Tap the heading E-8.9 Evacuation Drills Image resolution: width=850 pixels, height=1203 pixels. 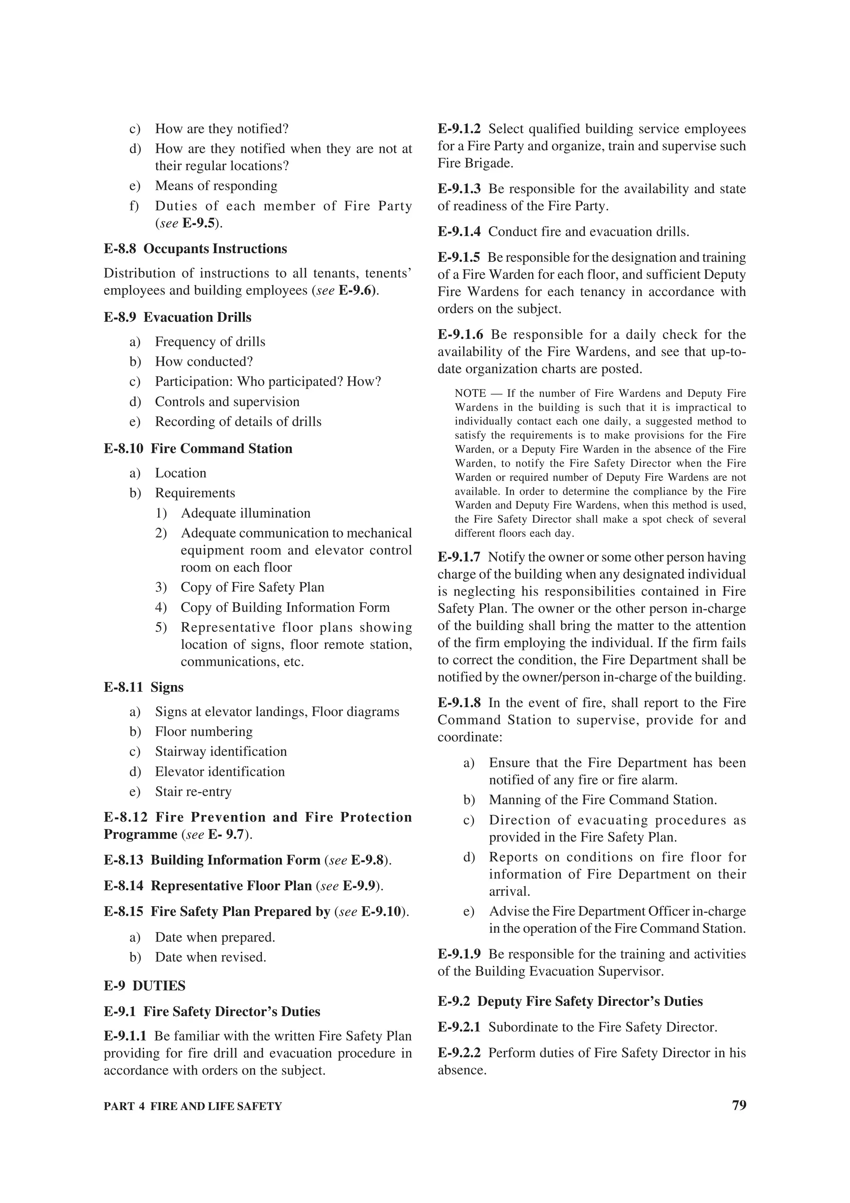(x=178, y=317)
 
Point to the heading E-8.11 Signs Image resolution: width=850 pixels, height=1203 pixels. (x=144, y=687)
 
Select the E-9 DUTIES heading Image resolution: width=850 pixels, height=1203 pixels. (x=144, y=985)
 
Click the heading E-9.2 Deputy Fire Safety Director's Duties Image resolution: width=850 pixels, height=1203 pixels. (x=570, y=1001)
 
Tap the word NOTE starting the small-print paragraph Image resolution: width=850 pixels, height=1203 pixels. (x=470, y=394)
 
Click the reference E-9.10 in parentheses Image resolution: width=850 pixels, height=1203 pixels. (x=381, y=911)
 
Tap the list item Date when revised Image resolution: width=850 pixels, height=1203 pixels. (x=210, y=957)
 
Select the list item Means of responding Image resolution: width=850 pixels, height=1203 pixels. (x=216, y=186)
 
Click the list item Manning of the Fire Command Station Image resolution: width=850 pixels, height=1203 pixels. (x=602, y=800)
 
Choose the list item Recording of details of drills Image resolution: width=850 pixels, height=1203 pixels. (x=238, y=421)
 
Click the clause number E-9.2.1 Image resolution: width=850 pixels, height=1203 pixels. (x=459, y=1027)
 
